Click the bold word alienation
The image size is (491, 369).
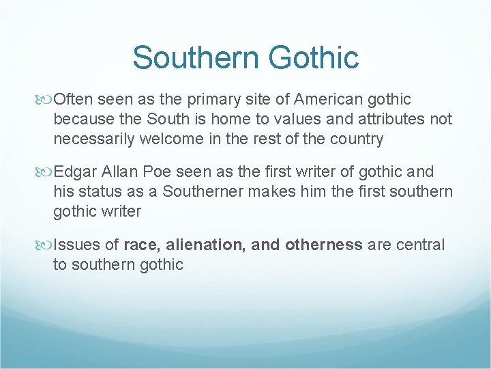[x=205, y=245]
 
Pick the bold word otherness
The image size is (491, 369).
[x=324, y=245]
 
